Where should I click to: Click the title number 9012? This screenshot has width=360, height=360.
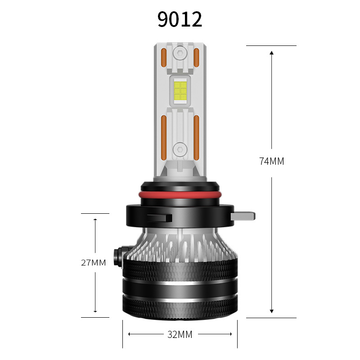180,19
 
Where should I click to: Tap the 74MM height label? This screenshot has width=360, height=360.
271,161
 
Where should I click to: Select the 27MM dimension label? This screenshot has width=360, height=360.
94,262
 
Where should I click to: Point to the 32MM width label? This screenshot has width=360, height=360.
180,334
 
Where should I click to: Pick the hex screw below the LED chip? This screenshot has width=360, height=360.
180,148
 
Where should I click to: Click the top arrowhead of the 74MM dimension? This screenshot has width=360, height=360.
271,53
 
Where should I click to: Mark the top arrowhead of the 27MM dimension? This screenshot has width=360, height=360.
95,220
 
